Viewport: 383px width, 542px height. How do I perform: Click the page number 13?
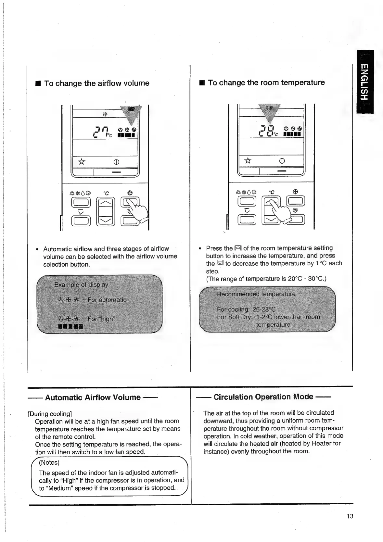point(350,516)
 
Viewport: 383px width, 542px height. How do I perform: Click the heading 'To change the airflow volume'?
point(96,83)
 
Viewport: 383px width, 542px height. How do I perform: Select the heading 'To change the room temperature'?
point(266,82)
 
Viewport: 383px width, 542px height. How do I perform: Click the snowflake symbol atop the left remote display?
point(105,114)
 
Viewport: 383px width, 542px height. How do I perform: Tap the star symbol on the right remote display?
point(248,160)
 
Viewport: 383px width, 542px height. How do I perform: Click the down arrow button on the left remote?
point(105,221)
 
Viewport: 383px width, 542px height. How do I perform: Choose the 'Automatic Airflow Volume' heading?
point(93,397)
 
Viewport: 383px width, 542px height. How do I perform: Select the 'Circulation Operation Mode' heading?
point(263,397)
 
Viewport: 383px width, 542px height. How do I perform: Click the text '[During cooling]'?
point(50,414)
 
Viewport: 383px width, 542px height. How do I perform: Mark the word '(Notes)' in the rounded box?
point(49,462)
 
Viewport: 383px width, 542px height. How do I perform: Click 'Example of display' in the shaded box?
point(81,285)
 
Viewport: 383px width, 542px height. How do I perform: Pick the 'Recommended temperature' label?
point(256,294)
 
